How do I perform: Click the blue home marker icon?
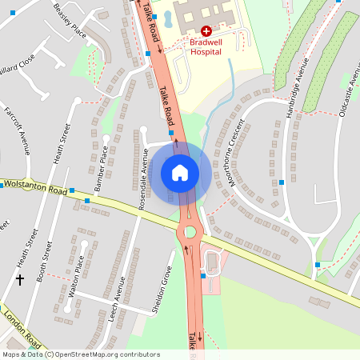(x=180, y=172)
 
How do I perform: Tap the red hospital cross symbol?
(x=206, y=30)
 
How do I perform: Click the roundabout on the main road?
(x=190, y=233)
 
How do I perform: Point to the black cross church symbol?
(x=20, y=280)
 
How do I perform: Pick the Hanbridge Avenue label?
(x=297, y=87)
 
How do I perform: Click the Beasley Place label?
(x=70, y=20)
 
